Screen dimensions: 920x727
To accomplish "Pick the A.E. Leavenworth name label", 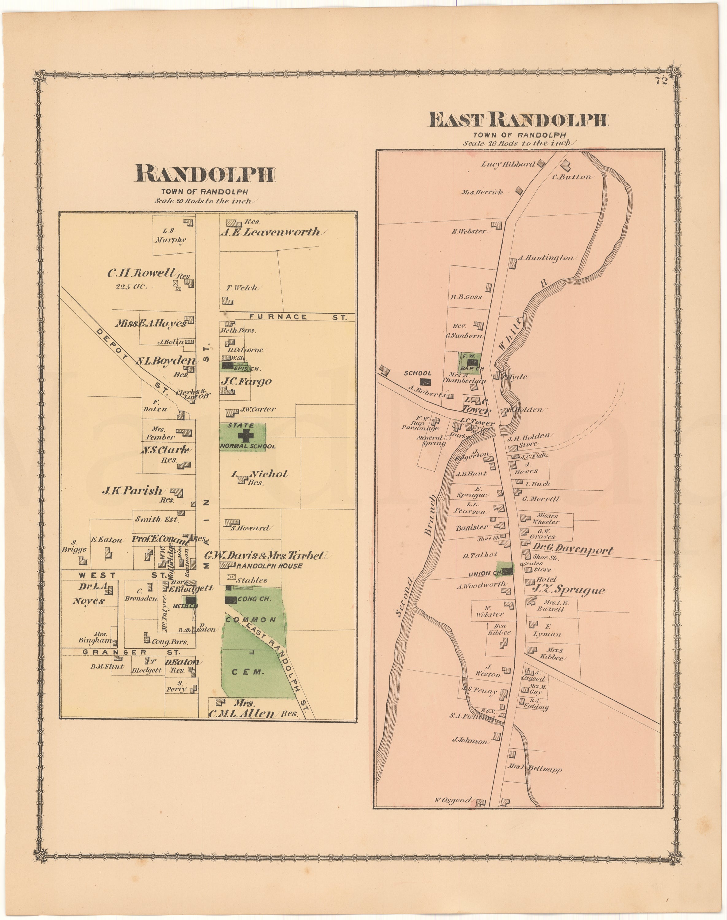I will [x=270, y=232].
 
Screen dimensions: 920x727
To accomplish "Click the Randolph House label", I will [x=269, y=566].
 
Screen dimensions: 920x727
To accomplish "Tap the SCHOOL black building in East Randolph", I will [x=425, y=382].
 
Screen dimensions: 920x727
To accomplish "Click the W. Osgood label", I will [x=453, y=800].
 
